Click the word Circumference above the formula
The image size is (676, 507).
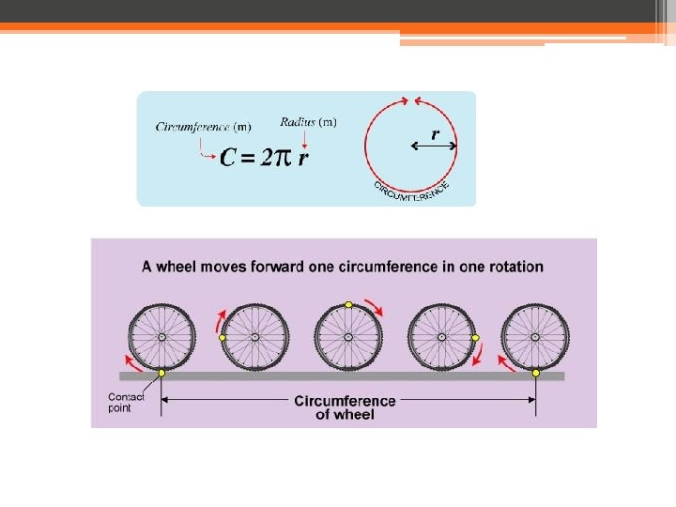coord(192,127)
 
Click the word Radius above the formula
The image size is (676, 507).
coord(298,121)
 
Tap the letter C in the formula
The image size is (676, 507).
coord(227,158)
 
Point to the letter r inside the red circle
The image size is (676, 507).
coord(435,134)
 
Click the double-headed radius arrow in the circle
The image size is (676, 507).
coord(435,146)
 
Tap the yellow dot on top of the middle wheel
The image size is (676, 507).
coord(348,304)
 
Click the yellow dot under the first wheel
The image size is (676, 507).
coord(161,373)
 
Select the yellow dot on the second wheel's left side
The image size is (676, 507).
coord(223,337)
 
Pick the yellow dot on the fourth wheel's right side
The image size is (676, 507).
coord(475,337)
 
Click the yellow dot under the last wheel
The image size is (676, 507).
coord(536,373)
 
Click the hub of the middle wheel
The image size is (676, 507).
coord(348,336)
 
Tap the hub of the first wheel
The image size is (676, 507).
coord(161,336)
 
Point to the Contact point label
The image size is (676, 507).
coord(126,403)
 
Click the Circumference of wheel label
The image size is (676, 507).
coord(346,407)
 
